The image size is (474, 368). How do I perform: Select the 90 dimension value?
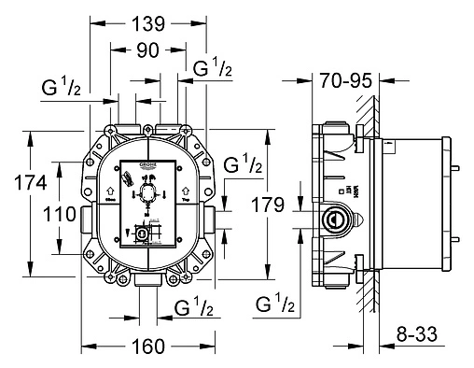146,52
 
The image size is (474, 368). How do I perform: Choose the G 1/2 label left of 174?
63,90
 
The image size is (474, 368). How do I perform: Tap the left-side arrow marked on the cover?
110,193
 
